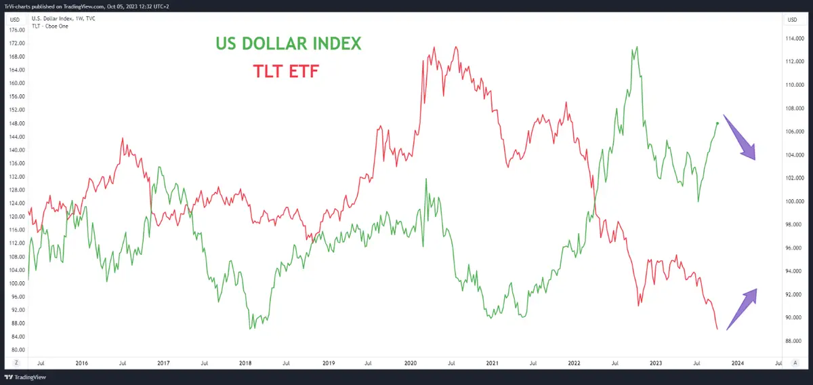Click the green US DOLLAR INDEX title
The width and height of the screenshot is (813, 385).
[289, 43]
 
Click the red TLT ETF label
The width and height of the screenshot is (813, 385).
[285, 70]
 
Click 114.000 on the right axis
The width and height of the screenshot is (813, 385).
[794, 38]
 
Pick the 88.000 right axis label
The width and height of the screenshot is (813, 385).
[794, 341]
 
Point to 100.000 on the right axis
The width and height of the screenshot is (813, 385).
[794, 201]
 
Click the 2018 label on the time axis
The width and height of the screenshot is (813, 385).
[245, 364]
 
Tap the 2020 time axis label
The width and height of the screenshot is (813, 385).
[409, 364]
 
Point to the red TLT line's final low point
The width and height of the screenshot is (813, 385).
[717, 329]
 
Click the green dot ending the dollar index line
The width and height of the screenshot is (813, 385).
[717, 123]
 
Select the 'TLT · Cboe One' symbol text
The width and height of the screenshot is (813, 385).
[49, 26]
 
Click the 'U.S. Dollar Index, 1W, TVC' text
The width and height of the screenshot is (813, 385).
[63, 18]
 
